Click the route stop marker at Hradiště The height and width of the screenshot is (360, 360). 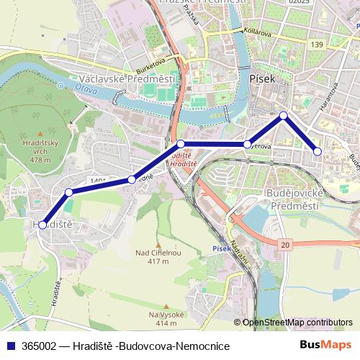pyautogui.click(x=42, y=225)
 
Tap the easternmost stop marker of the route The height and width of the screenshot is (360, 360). pyautogui.click(x=318, y=151)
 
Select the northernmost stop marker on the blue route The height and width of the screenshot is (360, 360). pyautogui.click(x=284, y=115)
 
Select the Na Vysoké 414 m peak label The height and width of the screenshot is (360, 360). pyautogui.click(x=167, y=318)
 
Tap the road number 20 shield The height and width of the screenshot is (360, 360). pyautogui.click(x=286, y=246)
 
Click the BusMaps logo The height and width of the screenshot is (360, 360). pyautogui.click(x=326, y=346)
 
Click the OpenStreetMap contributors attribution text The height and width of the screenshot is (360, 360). pyautogui.click(x=297, y=323)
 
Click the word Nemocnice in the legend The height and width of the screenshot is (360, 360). pyautogui.click(x=204, y=346)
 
